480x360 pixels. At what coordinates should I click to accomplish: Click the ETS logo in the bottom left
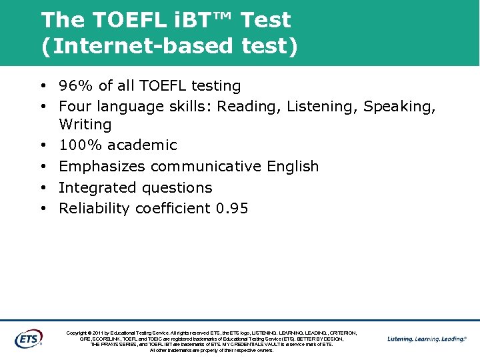[28, 338]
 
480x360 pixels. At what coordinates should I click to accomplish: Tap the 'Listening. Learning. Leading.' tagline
[427, 339]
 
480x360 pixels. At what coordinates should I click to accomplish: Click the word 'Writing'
[85, 125]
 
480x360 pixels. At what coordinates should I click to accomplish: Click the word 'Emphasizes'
[102, 167]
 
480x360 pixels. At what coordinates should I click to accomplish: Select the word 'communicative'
[206, 167]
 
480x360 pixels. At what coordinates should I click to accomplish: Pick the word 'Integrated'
[93, 188]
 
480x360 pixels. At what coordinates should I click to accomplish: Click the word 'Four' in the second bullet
[74, 107]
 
